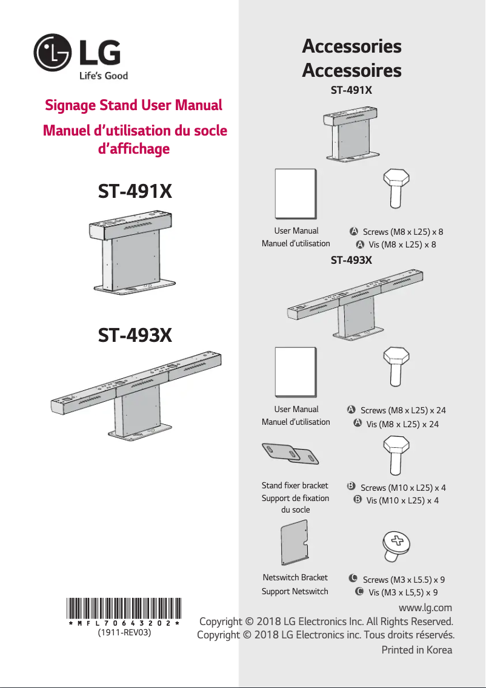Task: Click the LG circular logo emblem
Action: point(52,53)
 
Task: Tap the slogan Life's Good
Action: point(104,76)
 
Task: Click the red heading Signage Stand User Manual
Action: point(133,105)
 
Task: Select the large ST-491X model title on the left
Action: point(135,191)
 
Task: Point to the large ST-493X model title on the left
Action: point(135,335)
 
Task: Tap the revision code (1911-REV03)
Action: point(124,632)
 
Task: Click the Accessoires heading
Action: point(351,70)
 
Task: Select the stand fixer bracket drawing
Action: point(290,453)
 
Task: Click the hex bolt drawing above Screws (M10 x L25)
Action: point(396,455)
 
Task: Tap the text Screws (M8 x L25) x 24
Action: point(403,410)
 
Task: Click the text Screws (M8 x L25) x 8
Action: point(403,232)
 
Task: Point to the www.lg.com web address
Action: point(425,608)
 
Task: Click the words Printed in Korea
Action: point(416,650)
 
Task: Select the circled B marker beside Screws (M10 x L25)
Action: point(351,486)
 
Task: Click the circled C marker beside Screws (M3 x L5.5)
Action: point(353,578)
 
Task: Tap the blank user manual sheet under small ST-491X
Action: point(296,194)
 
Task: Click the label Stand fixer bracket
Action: point(295,485)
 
